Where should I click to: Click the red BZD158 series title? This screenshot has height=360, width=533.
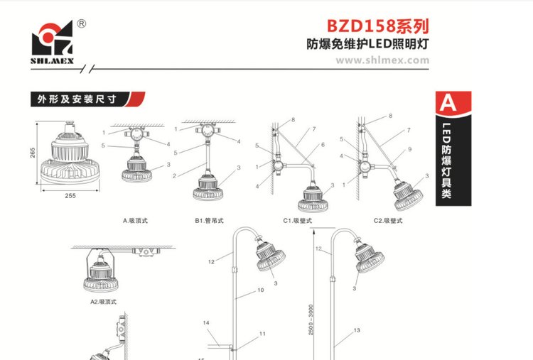pos(377,26)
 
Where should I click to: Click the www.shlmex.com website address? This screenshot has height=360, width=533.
pos(382,60)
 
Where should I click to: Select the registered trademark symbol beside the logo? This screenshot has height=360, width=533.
pos(82,23)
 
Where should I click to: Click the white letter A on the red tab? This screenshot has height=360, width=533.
pos(448,102)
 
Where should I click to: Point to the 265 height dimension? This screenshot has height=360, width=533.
pos(33,153)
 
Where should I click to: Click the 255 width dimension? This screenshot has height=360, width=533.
pos(70,196)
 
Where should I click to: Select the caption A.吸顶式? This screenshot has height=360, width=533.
pos(135,220)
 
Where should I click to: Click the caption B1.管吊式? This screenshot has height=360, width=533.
pos(209,220)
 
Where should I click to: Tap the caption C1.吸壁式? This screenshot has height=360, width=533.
pos(298,220)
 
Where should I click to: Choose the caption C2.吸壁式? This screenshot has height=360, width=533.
pos(388,220)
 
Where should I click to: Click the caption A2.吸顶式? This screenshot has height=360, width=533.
pos(103,302)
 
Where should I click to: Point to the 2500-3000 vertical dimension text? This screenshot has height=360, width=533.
pos(311,320)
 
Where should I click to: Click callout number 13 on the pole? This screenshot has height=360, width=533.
pos(357,330)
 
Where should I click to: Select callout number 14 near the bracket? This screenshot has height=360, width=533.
pos(206,322)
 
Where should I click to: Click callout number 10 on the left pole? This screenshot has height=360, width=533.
pos(260,290)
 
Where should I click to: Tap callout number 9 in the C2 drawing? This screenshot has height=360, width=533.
pos(409,149)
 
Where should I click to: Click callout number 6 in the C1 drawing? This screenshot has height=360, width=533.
pos(323,145)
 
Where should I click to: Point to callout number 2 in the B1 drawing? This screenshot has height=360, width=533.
pos(174,176)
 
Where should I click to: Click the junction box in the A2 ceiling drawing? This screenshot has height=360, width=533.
pos(146,252)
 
